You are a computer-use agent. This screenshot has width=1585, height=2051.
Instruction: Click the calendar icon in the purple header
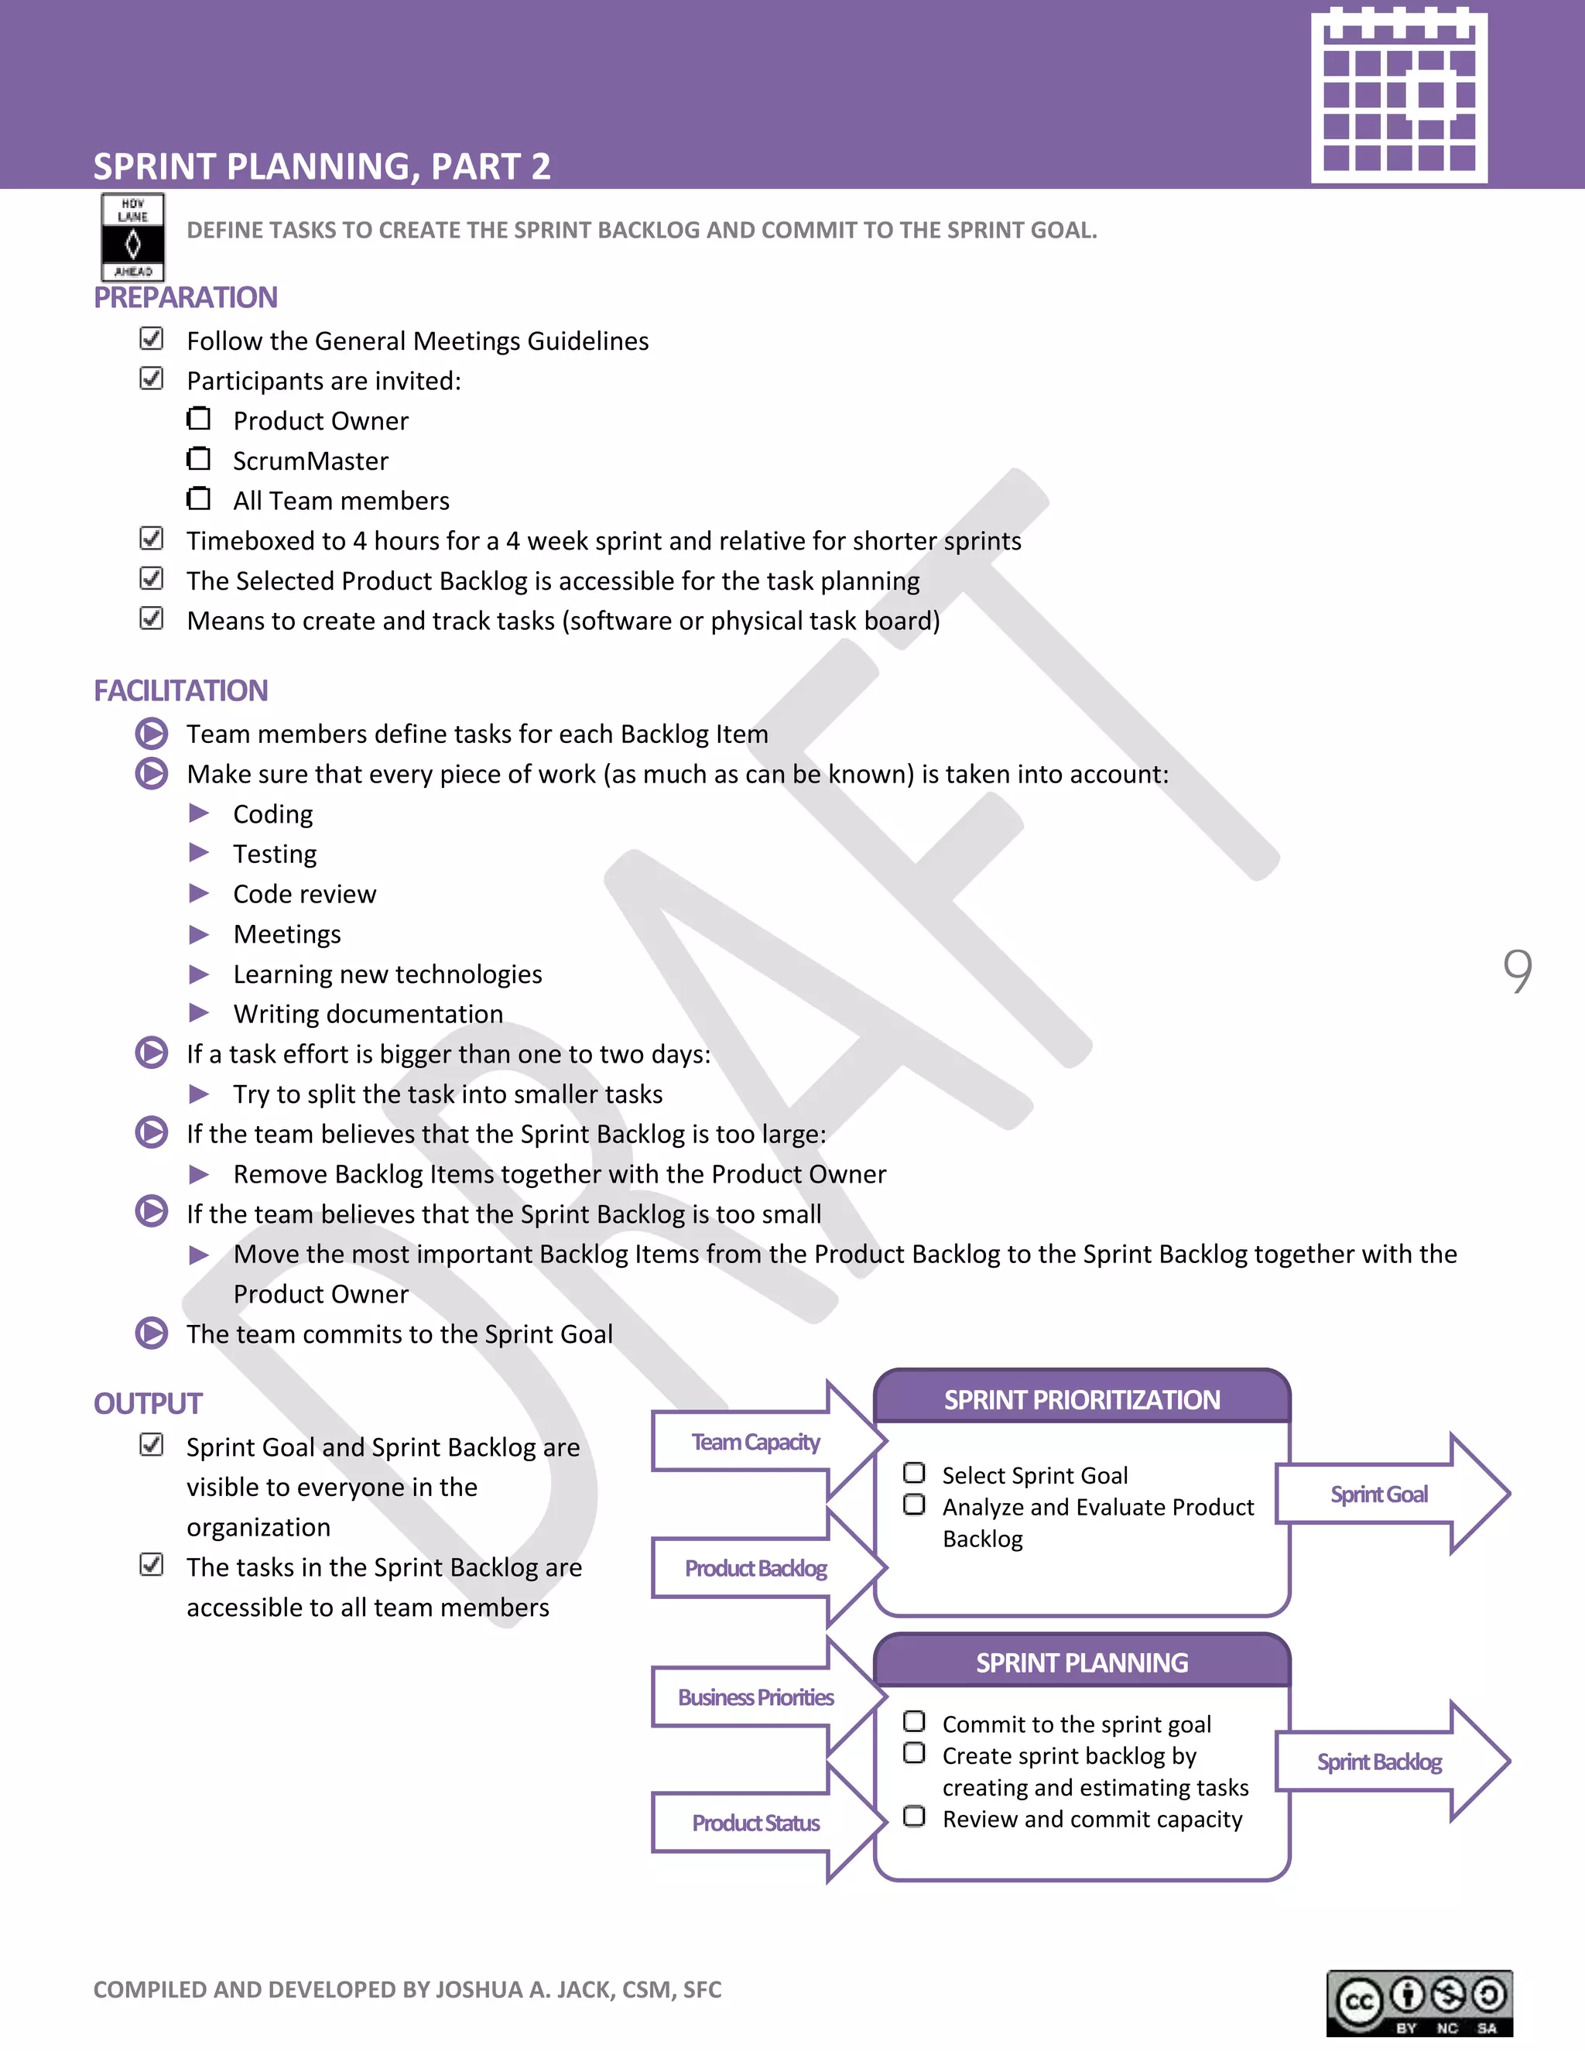click(x=1398, y=96)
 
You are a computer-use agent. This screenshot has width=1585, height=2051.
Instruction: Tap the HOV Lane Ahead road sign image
click(x=132, y=238)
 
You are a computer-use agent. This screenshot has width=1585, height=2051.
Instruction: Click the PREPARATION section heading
click(x=185, y=298)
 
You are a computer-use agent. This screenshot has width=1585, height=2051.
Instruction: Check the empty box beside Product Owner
click(x=198, y=418)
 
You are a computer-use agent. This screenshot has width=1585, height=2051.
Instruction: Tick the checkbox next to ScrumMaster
click(x=198, y=458)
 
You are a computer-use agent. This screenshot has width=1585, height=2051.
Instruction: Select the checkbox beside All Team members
click(x=198, y=498)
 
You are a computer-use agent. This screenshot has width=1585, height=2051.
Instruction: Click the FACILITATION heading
click(x=180, y=691)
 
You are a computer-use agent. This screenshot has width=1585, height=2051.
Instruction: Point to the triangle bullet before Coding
click(x=199, y=813)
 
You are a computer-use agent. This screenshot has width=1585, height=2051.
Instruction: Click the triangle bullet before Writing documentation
click(x=199, y=1013)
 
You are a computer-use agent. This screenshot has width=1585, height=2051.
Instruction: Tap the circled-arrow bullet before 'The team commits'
click(x=151, y=1334)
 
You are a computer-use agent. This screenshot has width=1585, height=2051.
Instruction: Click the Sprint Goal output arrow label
click(x=1378, y=1494)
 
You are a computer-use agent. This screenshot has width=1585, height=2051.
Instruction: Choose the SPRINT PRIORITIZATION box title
click(x=1082, y=1400)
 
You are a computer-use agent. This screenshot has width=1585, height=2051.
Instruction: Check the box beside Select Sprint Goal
click(x=914, y=1474)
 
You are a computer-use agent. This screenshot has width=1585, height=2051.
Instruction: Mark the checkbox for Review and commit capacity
click(x=914, y=1817)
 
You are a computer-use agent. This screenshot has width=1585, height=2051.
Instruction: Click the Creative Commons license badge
click(x=1419, y=2003)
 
